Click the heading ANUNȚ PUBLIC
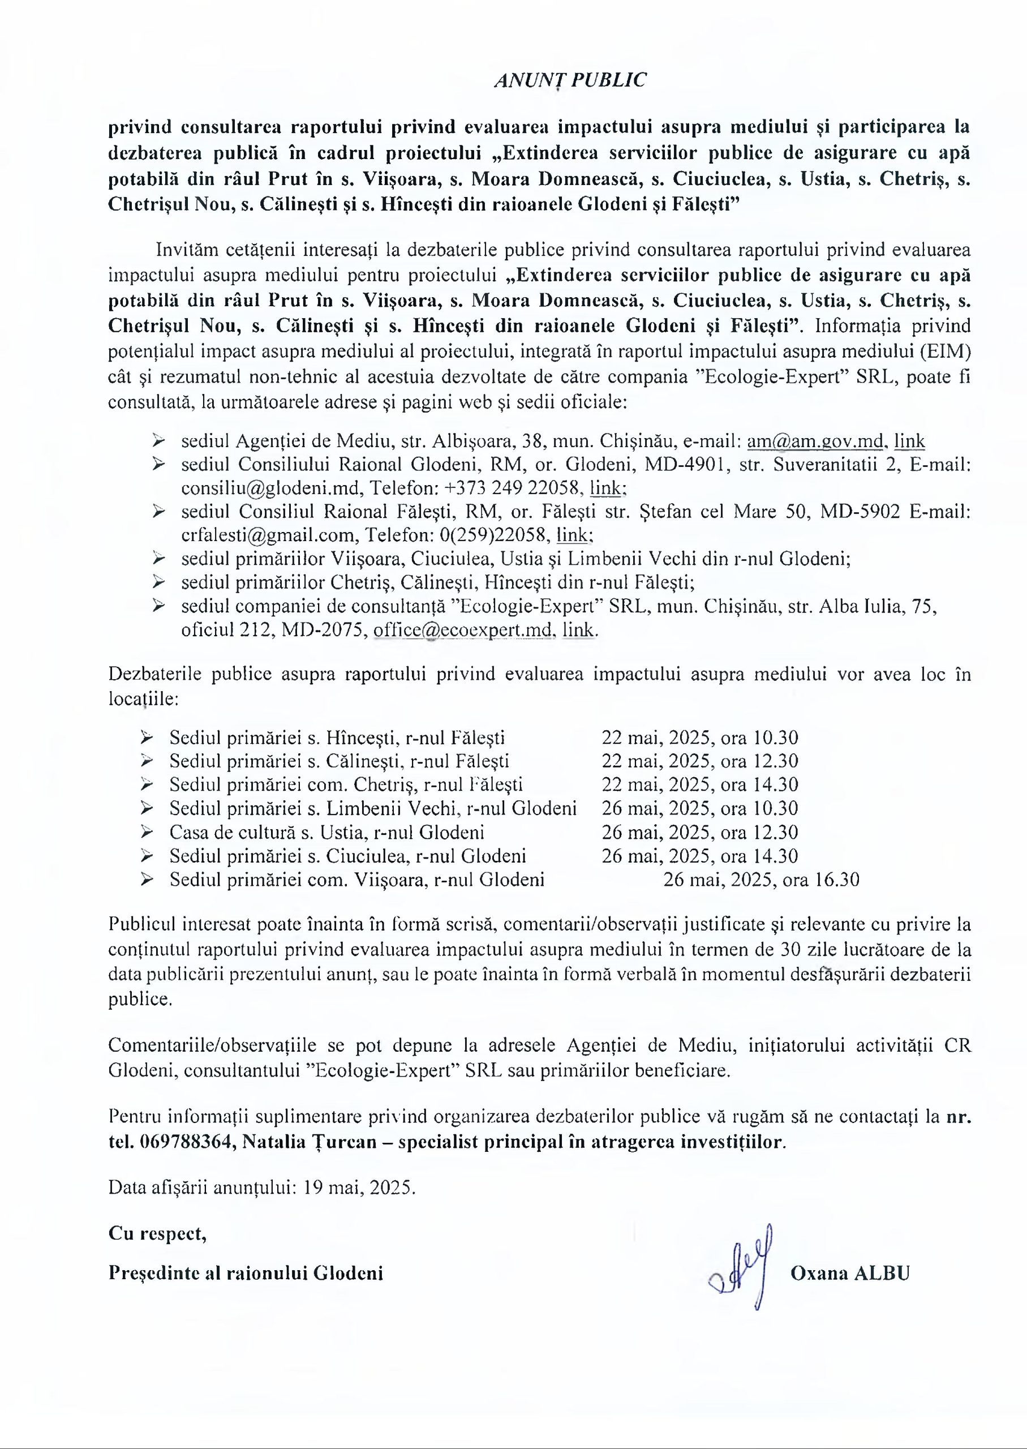(570, 80)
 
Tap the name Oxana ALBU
(849, 1273)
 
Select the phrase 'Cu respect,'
(157, 1233)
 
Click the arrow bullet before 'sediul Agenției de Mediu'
(159, 440)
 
